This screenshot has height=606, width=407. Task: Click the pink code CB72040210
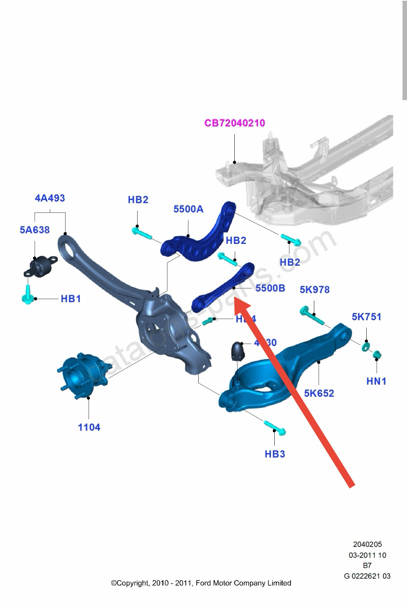[234, 123]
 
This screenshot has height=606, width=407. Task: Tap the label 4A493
[50, 198]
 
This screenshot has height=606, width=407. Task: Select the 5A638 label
[35, 230]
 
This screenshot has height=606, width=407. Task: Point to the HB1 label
[71, 299]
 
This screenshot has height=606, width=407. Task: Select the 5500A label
[188, 209]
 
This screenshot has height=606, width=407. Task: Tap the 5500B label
[270, 288]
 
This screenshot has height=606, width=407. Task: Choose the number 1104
[89, 427]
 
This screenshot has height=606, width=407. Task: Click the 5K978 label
[315, 289]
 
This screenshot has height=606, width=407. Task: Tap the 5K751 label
[366, 317]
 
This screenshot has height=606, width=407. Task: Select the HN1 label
[376, 381]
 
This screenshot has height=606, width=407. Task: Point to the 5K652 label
[319, 393]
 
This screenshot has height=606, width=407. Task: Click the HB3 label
[275, 454]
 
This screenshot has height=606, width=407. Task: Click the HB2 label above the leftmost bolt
[138, 200]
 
